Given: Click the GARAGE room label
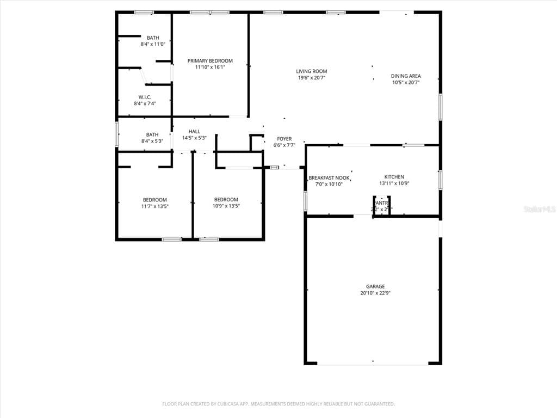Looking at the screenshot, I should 375,286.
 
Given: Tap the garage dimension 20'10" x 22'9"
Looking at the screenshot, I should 375,293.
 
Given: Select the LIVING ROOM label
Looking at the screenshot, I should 312,71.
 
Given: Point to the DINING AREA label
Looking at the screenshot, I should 406,76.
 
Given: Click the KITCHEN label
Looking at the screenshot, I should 394,177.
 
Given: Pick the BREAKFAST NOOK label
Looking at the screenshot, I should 329,178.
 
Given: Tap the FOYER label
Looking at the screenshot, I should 284,139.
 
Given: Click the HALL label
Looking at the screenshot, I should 194,131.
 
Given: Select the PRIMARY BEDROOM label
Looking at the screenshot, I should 210,61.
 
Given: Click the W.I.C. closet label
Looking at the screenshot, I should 144,97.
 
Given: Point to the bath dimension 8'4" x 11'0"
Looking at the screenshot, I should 153,44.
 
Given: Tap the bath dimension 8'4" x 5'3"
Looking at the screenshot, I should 152,141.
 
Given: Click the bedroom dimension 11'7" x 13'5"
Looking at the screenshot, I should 155,206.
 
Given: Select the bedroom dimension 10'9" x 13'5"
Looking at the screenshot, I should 226,206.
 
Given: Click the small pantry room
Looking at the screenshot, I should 381,206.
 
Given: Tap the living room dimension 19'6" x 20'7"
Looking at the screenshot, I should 312,78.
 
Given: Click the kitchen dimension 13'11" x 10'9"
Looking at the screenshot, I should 394,183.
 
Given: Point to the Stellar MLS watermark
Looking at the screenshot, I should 539,209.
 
